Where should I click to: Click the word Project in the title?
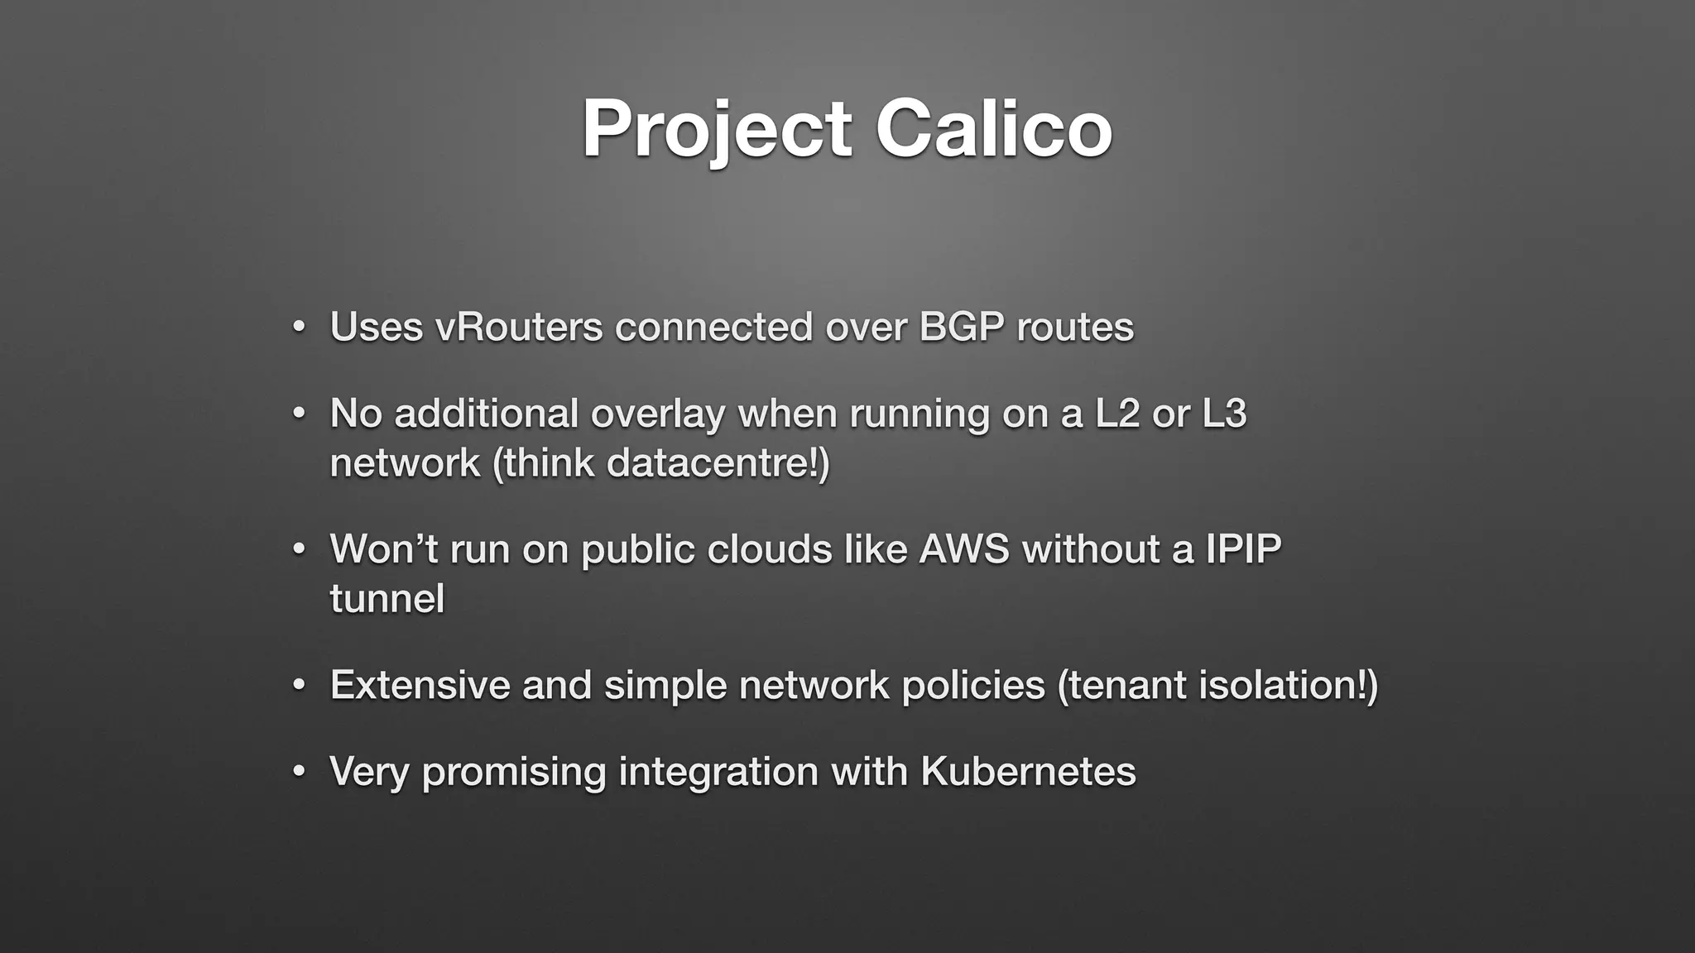click(x=716, y=129)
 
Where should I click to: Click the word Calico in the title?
click(x=993, y=129)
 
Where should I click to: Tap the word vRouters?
click(x=519, y=327)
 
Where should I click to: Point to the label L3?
click(x=1223, y=414)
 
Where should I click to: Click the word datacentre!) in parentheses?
click(x=718, y=462)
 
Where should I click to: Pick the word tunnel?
click(x=387, y=599)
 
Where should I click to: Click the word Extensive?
click(x=420, y=686)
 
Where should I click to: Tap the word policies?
click(x=972, y=686)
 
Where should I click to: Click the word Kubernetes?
click(x=1027, y=772)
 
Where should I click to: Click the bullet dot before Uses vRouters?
click(x=299, y=328)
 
